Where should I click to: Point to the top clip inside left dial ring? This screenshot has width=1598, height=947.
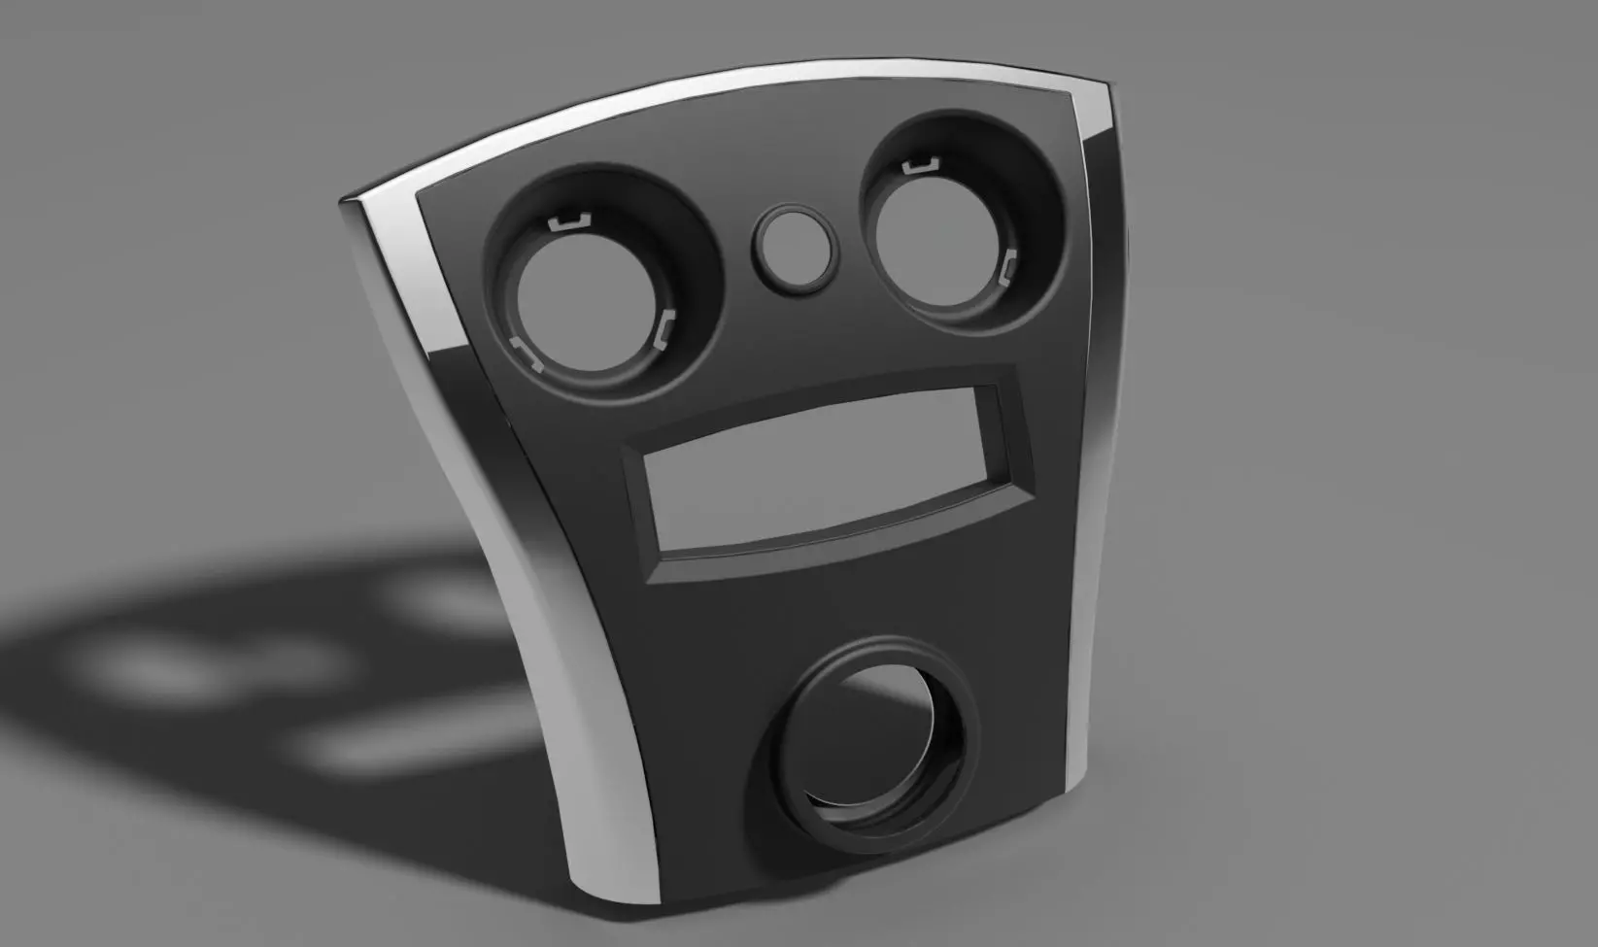coord(570,222)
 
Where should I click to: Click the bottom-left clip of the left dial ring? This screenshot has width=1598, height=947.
coord(527,354)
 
